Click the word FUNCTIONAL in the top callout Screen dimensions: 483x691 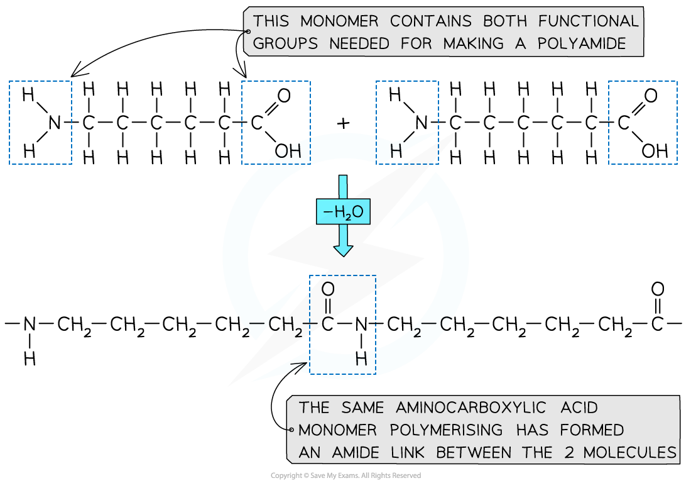click(x=588, y=21)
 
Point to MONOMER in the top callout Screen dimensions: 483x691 click(x=339, y=21)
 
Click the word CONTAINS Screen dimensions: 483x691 click(x=430, y=21)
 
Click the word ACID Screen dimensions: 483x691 click(x=574, y=408)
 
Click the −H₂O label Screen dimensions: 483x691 click(x=343, y=213)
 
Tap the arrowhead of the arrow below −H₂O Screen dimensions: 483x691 click(x=343, y=250)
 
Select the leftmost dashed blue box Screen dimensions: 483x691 click(x=40, y=123)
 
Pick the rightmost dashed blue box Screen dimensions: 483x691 click(x=643, y=123)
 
